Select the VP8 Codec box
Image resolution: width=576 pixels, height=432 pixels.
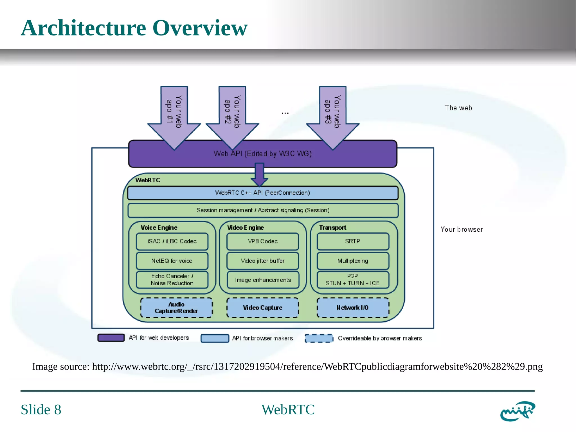pyautogui.click(x=262, y=241)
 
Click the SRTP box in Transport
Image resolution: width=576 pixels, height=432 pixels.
pyautogui.click(x=353, y=241)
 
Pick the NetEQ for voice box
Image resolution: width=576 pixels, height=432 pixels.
pyautogui.click(x=172, y=261)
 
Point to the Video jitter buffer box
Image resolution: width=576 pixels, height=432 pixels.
pyautogui.click(x=262, y=261)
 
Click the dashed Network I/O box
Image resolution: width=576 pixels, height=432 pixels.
pyautogui.click(x=353, y=308)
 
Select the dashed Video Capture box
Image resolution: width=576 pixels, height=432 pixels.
pyautogui.click(x=262, y=308)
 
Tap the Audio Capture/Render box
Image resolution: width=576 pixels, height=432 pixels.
pyautogui.click(x=176, y=308)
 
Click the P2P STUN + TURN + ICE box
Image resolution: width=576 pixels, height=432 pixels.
pyautogui.click(x=353, y=280)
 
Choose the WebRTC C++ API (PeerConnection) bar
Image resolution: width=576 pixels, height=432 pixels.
pyautogui.click(x=262, y=193)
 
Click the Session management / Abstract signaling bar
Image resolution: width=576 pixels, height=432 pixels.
pyautogui.click(x=262, y=211)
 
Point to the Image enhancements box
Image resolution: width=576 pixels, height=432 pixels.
pyautogui.click(x=263, y=280)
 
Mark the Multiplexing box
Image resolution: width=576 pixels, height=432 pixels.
pyautogui.click(x=353, y=261)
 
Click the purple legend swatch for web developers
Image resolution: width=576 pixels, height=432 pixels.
pyautogui.click(x=111, y=338)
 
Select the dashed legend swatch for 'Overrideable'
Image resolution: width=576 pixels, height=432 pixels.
pyautogui.click(x=319, y=338)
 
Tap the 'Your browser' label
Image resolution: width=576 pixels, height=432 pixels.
pyautogui.click(x=461, y=230)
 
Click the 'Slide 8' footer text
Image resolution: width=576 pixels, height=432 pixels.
pyautogui.click(x=41, y=409)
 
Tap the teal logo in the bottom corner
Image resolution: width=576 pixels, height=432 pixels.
pyautogui.click(x=517, y=411)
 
